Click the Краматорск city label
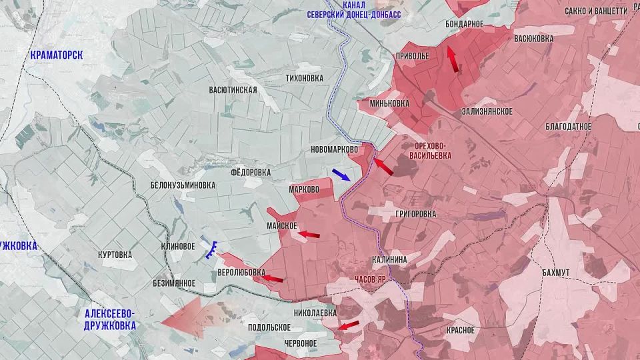(x=57, y=55)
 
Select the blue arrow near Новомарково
(x=341, y=175)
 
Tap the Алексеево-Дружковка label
(x=110, y=319)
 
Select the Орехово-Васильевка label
(x=432, y=150)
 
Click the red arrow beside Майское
(x=308, y=234)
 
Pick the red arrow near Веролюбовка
(x=271, y=279)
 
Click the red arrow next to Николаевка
(x=347, y=325)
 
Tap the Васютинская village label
(x=233, y=89)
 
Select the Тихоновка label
(x=304, y=78)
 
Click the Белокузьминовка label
(x=183, y=185)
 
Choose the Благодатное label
(x=568, y=126)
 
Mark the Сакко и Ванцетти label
(x=595, y=11)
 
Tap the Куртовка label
(x=115, y=255)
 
